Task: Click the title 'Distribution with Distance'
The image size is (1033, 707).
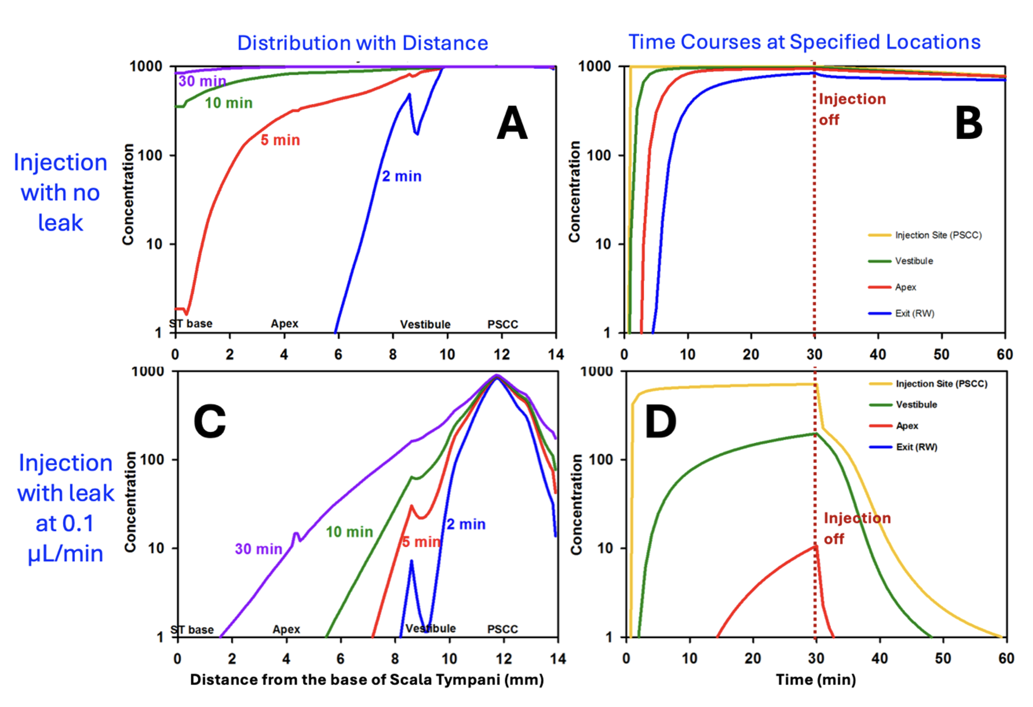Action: [362, 43]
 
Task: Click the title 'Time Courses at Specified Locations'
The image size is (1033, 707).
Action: [804, 42]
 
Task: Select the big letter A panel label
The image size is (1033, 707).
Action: [512, 124]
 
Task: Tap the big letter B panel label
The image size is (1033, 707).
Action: [968, 124]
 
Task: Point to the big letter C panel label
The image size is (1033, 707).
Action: [209, 422]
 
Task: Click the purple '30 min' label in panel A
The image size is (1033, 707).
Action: [202, 81]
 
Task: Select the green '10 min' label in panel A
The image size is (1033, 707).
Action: [229, 103]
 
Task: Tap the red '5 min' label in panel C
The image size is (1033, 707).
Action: [421, 542]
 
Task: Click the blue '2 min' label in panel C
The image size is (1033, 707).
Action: [466, 524]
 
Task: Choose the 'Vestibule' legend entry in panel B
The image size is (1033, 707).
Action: [913, 261]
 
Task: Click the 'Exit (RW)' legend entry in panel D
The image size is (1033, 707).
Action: [916, 447]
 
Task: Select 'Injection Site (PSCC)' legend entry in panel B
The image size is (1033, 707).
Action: [938, 235]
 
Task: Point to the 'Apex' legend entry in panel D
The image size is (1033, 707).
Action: [907, 426]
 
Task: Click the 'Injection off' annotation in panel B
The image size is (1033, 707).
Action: [852, 109]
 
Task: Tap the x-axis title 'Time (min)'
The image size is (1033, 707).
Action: [816, 679]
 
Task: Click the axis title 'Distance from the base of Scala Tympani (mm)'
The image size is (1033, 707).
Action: [367, 679]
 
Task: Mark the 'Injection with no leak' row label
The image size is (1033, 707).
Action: [60, 192]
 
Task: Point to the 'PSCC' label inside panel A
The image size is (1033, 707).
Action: [503, 325]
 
